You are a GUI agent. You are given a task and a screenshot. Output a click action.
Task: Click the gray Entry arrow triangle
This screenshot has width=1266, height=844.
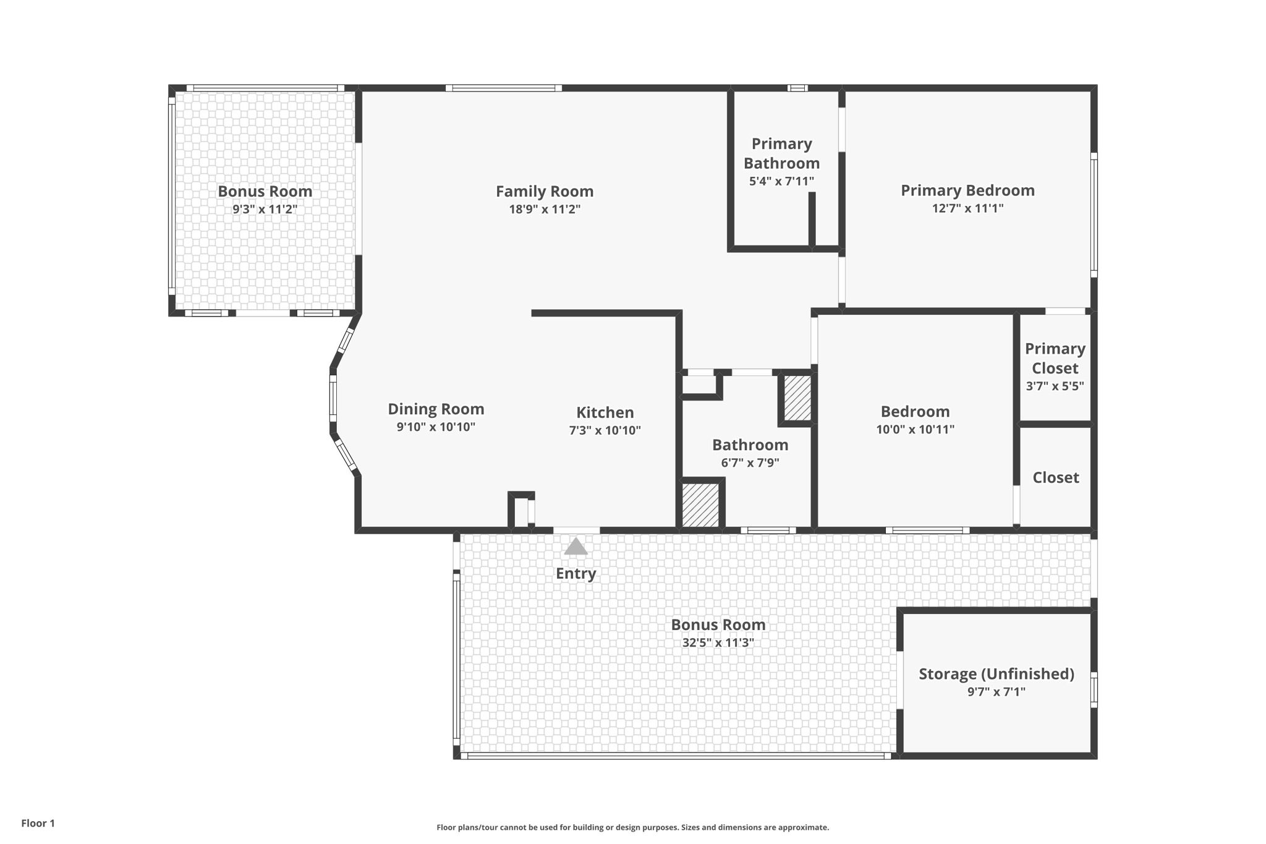tap(576, 547)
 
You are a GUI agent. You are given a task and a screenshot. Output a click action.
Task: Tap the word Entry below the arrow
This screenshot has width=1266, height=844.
tap(576, 573)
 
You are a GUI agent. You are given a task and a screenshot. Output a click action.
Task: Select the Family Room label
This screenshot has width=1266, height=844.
tap(544, 192)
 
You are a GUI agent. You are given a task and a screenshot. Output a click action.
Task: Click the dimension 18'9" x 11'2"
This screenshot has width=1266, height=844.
tap(544, 209)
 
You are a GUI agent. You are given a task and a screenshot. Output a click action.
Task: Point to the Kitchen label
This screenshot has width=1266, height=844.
tap(605, 412)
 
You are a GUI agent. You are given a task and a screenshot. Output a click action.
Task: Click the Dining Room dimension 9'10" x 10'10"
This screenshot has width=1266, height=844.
tap(436, 427)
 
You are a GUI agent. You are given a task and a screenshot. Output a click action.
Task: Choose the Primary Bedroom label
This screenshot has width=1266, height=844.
tap(967, 190)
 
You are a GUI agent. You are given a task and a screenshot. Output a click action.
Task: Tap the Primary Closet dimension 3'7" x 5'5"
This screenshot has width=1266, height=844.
tap(1055, 386)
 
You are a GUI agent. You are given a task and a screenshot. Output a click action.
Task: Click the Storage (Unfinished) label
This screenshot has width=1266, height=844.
tap(996, 674)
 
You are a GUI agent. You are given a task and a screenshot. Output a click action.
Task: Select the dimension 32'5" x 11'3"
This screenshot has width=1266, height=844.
tap(718, 642)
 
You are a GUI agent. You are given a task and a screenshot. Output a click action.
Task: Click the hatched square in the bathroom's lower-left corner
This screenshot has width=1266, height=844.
tap(700, 505)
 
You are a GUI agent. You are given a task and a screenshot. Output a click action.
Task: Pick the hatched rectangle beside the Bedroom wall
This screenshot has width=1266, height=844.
tap(797, 398)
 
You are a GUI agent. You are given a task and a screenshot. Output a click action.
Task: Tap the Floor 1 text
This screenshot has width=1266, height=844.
tap(38, 823)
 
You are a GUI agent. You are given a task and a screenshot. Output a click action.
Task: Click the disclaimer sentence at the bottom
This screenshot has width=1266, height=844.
tap(632, 827)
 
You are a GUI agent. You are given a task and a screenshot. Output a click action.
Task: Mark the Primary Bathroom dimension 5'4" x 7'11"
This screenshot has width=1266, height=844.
tap(781, 181)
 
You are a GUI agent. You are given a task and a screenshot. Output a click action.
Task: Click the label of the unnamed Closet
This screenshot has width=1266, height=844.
tap(1055, 477)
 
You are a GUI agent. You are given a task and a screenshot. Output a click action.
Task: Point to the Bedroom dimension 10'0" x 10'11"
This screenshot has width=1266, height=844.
tap(915, 429)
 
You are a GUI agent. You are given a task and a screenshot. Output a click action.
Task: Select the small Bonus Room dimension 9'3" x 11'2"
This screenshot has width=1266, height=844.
tap(265, 209)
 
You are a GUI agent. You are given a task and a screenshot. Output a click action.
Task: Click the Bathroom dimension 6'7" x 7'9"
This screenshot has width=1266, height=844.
tap(750, 462)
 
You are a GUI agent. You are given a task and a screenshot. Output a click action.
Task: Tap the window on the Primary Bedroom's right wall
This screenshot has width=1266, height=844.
tap(1094, 215)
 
